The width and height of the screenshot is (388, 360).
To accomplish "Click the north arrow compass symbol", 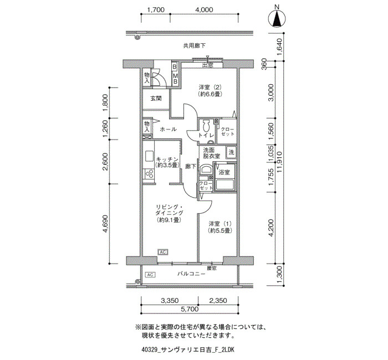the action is click(x=277, y=19).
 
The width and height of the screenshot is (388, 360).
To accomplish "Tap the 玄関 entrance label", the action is click(x=156, y=99).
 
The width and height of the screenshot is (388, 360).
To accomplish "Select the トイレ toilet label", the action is click(x=206, y=135).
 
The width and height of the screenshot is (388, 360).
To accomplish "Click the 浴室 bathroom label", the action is click(x=224, y=172).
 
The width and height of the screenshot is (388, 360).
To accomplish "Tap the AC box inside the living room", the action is click(x=162, y=252).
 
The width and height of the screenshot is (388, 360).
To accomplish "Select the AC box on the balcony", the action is click(x=150, y=275).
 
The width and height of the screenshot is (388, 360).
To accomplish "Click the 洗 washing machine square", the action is click(x=231, y=152).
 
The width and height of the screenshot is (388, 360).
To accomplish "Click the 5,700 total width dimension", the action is click(x=190, y=309).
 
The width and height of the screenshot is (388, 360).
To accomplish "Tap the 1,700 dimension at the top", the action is click(x=156, y=9).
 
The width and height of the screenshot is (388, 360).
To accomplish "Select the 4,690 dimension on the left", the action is click(x=106, y=224).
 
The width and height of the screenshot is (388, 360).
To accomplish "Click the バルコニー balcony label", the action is click(x=192, y=274).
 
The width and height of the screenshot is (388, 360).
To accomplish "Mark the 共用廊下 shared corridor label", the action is click(x=194, y=45).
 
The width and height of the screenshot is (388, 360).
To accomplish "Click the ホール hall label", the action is click(x=169, y=129).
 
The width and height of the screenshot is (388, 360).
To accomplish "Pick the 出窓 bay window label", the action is click(x=208, y=65).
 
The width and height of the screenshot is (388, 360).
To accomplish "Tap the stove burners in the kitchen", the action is click(x=149, y=173).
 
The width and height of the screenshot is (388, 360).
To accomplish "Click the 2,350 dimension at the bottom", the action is click(x=218, y=301).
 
